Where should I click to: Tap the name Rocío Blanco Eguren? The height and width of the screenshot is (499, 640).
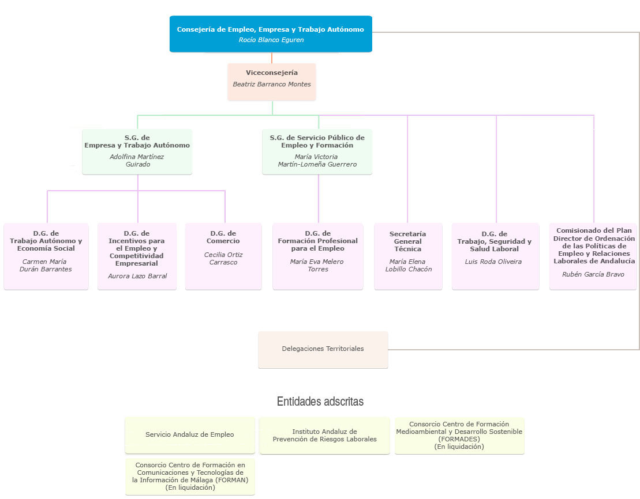[271, 40]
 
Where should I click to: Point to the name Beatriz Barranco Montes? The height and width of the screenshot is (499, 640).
[271, 84]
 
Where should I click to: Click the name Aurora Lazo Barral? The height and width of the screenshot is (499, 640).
[137, 276]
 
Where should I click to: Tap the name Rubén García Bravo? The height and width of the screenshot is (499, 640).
[593, 274]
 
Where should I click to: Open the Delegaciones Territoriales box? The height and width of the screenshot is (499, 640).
[323, 349]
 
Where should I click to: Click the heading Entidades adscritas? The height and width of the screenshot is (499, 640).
[320, 402]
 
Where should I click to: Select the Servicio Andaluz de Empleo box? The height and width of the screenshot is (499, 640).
[189, 435]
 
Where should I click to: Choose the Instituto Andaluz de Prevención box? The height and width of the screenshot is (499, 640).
[324, 436]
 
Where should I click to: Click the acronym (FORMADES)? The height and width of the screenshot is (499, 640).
[459, 439]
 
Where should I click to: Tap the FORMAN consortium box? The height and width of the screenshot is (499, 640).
[190, 476]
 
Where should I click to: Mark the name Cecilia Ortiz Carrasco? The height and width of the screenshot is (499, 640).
[223, 259]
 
